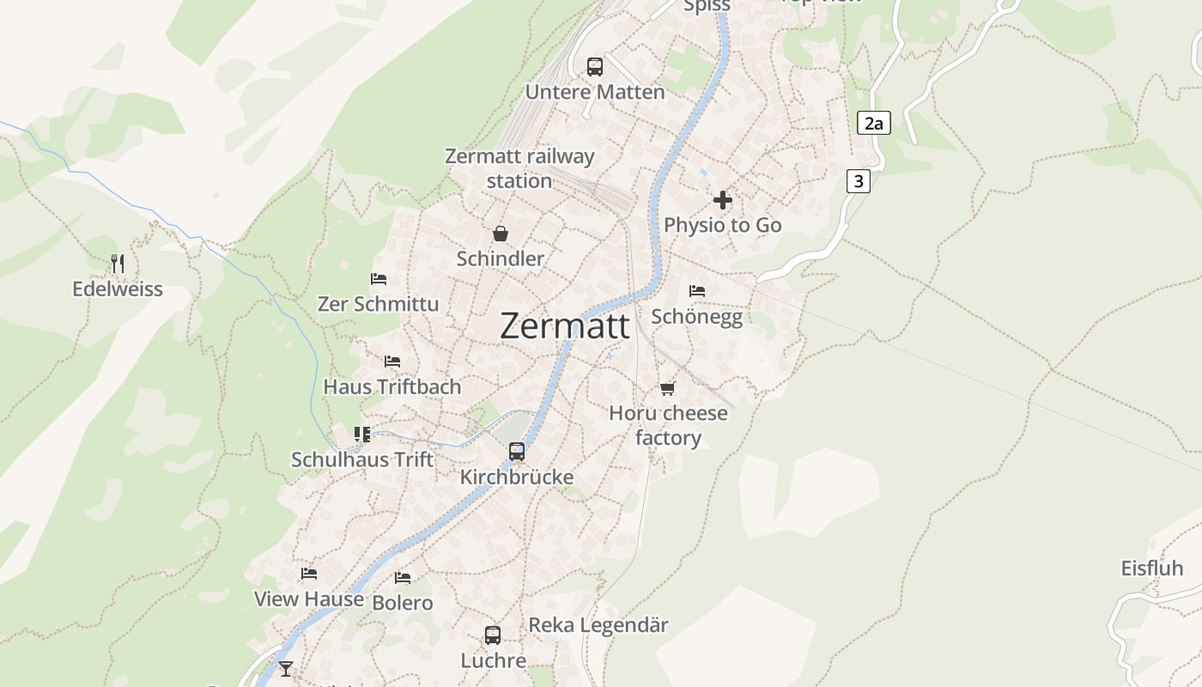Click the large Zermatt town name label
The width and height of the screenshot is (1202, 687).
[x=564, y=326]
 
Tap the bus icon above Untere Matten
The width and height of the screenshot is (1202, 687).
[x=595, y=66]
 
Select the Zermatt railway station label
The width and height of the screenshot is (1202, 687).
[x=519, y=168]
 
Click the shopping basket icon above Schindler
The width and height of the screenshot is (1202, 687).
[x=500, y=234]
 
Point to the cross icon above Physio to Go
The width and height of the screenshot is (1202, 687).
[x=723, y=200]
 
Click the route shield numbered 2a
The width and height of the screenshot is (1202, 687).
[x=873, y=124]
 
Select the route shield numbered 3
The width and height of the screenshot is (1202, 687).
[x=858, y=181]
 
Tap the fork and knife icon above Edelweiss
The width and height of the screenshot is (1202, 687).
[x=118, y=264]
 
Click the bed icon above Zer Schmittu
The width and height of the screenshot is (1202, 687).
[x=378, y=279]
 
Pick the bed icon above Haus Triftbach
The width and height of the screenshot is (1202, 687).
[x=392, y=362]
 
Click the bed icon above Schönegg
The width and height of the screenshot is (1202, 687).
[x=696, y=291]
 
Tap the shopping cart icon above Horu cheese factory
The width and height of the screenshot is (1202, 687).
[x=668, y=388]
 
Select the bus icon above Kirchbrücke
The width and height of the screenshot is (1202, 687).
[x=517, y=452]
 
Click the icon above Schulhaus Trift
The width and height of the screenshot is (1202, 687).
[x=362, y=435]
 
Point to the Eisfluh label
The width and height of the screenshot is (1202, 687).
[x=1151, y=568]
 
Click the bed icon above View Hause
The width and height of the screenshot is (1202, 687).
[x=309, y=574]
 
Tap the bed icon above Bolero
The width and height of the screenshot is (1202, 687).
[x=403, y=578]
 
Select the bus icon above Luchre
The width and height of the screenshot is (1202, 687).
[x=493, y=635]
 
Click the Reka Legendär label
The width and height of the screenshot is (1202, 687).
[x=598, y=625]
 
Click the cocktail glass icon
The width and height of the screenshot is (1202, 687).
[x=286, y=669]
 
